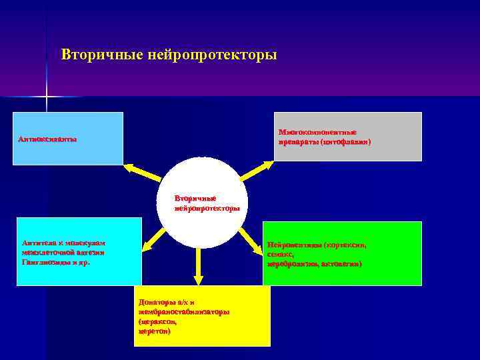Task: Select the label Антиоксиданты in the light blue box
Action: pyautogui.click(x=47, y=139)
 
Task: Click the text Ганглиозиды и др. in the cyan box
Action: pyautogui.click(x=56, y=263)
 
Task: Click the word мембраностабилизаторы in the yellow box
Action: pyautogui.click(x=184, y=312)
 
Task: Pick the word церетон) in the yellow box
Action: pyautogui.click(x=154, y=331)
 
